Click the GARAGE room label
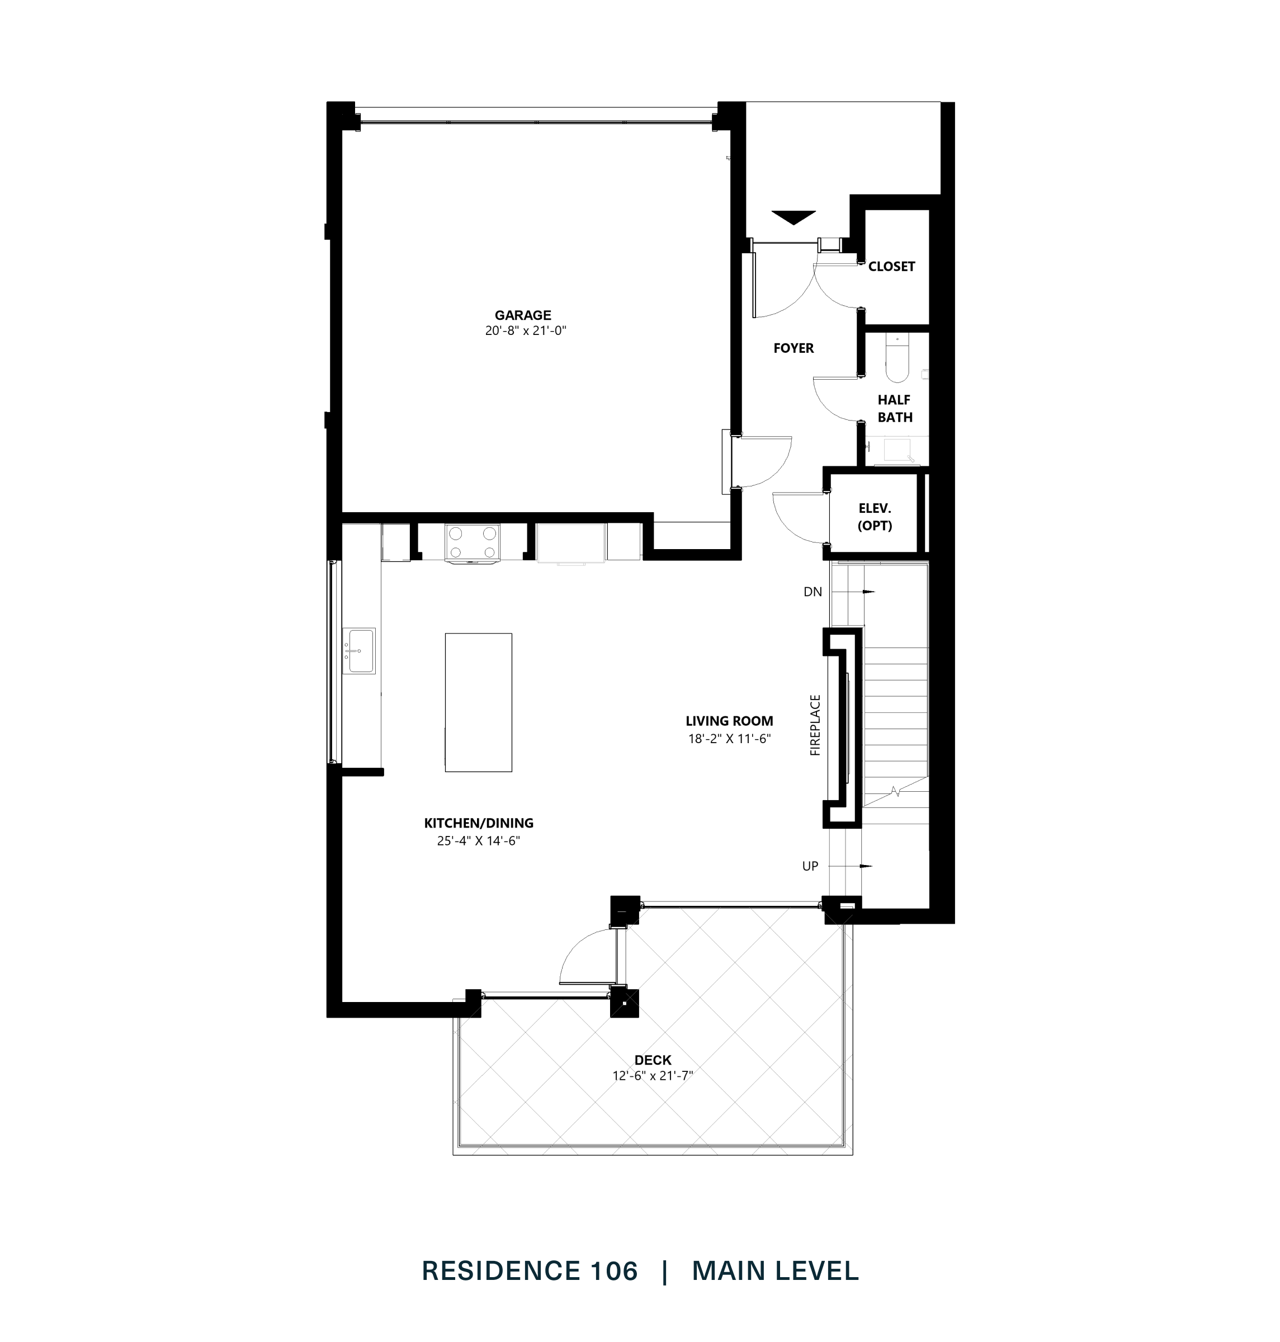[x=523, y=315]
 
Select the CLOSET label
[x=891, y=267]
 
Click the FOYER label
[x=793, y=348]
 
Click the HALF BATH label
[x=895, y=409]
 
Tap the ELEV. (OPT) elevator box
[x=874, y=517]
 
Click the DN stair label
[x=813, y=592]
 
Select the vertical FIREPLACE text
[x=815, y=725]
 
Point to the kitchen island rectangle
[x=478, y=702]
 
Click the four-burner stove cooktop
[x=472, y=542]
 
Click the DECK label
[x=653, y=1060]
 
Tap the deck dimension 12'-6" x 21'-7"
[x=653, y=1076]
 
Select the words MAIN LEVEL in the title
[x=775, y=1271]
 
